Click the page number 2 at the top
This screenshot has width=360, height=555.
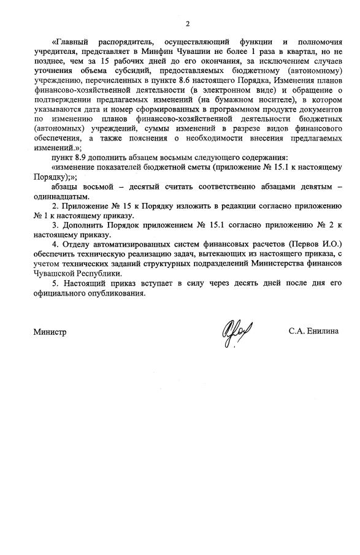[x=187, y=24]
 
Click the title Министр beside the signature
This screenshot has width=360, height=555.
[x=50, y=332]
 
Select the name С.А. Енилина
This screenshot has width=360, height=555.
[x=314, y=331]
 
